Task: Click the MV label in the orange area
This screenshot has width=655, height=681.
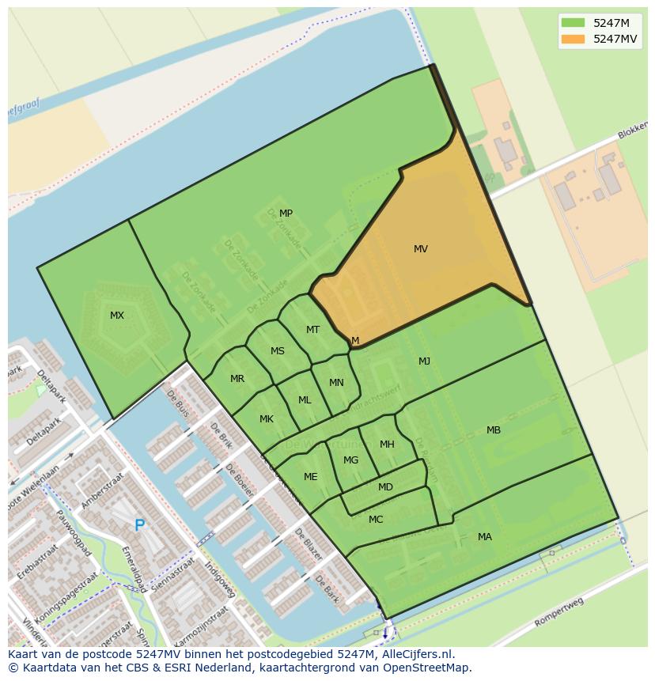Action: pos(421,249)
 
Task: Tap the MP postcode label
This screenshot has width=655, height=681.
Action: pos(286,214)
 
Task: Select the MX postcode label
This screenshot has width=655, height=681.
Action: pos(117,316)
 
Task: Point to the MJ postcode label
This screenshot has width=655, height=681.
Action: pos(425,361)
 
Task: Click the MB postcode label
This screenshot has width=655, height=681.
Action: pos(494,430)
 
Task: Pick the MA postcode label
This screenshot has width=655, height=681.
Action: pos(485,537)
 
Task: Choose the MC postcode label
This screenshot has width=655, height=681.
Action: pos(376,520)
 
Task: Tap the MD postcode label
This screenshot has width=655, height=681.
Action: pos(385,487)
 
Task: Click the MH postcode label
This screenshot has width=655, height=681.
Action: pos(387,445)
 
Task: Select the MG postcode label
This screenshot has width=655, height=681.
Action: pos(351,460)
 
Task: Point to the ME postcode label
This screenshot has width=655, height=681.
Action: pos(311,477)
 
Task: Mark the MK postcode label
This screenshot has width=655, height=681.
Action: pos(267,419)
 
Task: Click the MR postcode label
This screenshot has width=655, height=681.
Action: pos(237,379)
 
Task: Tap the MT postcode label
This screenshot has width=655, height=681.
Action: pos(313,330)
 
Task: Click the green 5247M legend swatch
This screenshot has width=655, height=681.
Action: pos(574,23)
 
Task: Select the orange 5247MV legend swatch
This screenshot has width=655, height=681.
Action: pos(574,39)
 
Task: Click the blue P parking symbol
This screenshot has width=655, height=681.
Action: pos(140,525)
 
